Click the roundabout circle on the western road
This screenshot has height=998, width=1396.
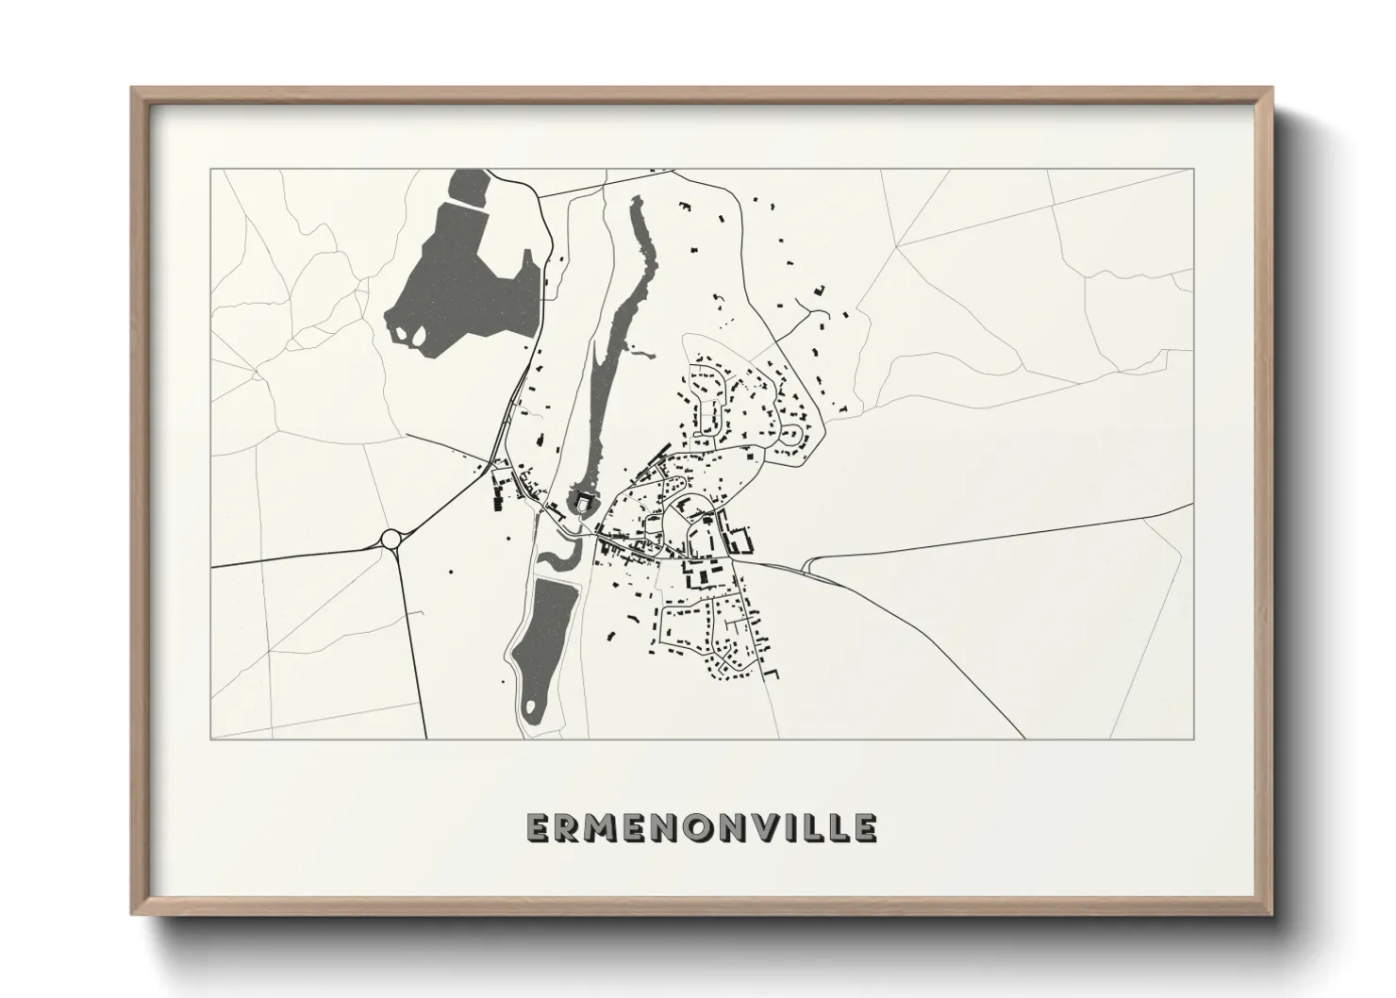point(391,539)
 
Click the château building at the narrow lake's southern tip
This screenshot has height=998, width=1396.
point(582,504)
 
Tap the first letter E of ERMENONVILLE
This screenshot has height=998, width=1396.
point(537,827)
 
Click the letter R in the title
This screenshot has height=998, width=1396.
point(567,827)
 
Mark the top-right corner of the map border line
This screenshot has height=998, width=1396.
point(1194,169)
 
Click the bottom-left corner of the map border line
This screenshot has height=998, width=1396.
point(211,740)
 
